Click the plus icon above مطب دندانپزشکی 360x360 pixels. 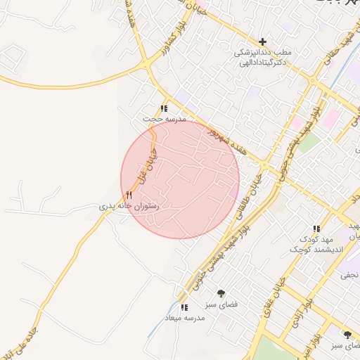263,42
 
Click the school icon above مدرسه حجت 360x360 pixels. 164,108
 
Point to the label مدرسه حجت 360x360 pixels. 164,120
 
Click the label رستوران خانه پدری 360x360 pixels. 128,207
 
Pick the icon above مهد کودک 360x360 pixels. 316,229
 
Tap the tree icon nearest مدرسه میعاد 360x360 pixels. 221,293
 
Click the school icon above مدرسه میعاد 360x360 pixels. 184,307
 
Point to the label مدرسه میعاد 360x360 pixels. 184,319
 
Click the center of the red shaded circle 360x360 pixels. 180,179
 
